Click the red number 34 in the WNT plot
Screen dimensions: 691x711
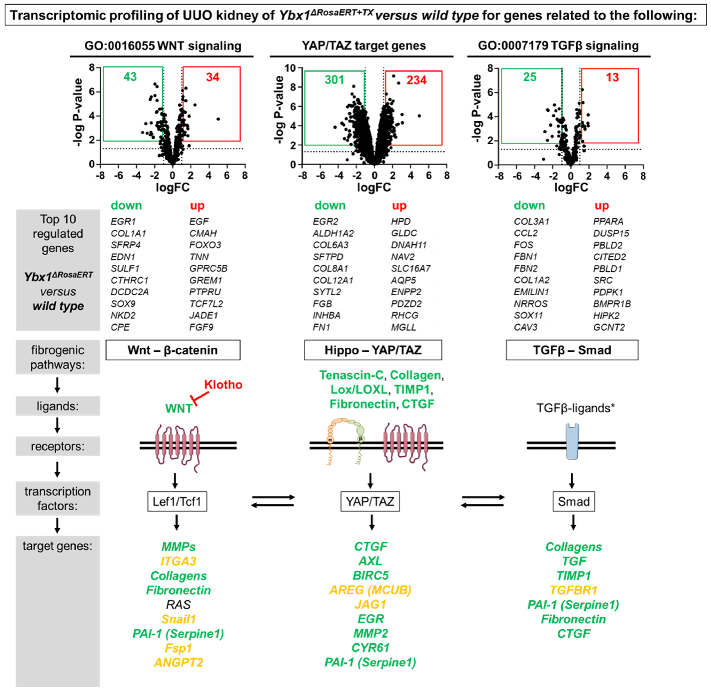click(x=213, y=77)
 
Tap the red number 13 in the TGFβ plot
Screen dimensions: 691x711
click(x=612, y=77)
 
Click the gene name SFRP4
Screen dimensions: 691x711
click(x=125, y=245)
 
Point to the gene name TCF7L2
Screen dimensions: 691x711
click(x=206, y=304)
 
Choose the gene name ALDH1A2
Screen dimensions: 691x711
click(x=333, y=233)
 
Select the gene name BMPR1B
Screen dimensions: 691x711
click(x=612, y=304)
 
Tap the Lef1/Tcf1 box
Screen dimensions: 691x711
click(x=177, y=502)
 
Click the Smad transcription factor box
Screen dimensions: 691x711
click(x=573, y=502)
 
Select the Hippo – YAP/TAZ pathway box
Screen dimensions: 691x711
click(x=373, y=350)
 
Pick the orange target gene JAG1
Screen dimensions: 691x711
click(x=370, y=604)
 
